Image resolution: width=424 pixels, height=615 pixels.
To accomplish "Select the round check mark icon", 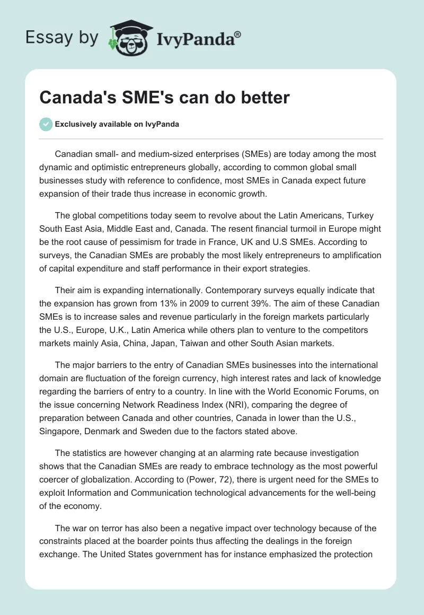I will [x=46, y=124].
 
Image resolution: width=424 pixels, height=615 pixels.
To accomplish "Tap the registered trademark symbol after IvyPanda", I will [x=238, y=33].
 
